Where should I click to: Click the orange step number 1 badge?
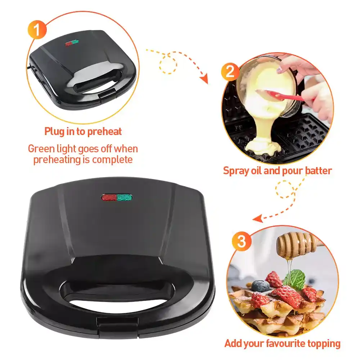coord(37,30)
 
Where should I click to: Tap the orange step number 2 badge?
coord(230,72)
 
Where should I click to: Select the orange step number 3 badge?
coord(242,241)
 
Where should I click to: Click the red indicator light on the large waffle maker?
coord(109,197)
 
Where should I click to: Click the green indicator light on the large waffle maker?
coord(125,197)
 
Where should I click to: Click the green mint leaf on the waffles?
coord(295,279)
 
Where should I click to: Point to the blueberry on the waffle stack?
coord(261,286)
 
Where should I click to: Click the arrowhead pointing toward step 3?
coord(258,219)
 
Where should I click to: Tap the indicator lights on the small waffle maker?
coord(72,43)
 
